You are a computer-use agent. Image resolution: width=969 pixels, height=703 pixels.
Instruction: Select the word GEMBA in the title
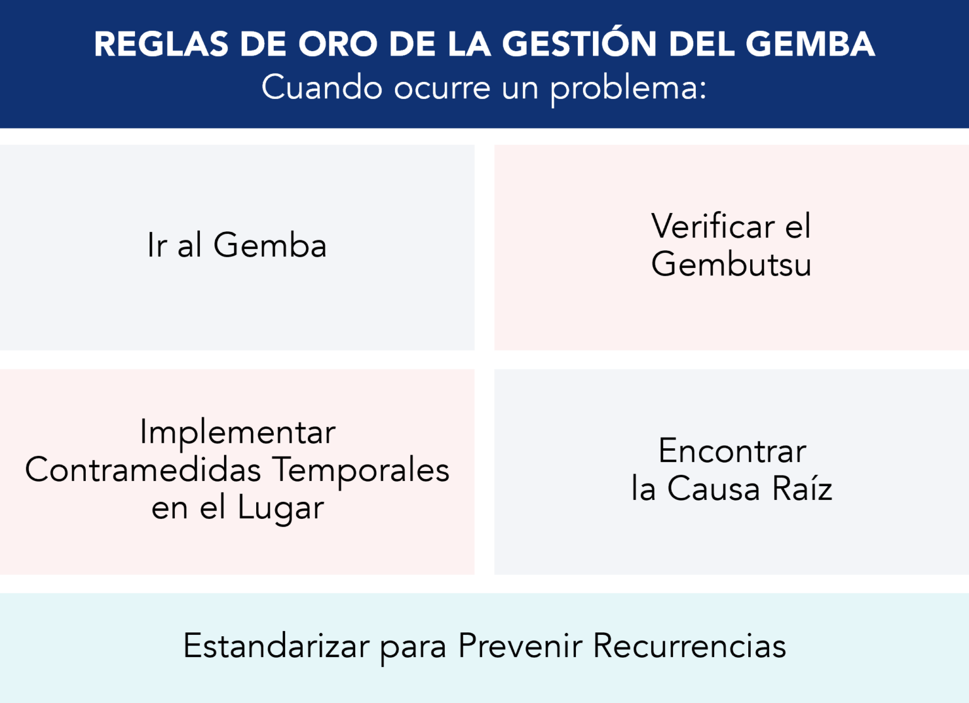tap(810, 44)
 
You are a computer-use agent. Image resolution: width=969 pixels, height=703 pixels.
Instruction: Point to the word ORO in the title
tap(338, 44)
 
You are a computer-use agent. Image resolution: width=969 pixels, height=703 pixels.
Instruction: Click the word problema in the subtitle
tap(628, 88)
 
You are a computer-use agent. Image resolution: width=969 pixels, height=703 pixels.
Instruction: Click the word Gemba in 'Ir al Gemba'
tap(270, 245)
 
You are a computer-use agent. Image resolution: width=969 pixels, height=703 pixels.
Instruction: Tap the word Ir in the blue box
tap(157, 245)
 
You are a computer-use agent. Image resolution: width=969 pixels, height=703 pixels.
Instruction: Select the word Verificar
tap(713, 226)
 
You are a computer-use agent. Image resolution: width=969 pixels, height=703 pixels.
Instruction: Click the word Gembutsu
tap(731, 264)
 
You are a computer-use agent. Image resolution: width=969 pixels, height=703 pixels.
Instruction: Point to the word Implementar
tap(238, 433)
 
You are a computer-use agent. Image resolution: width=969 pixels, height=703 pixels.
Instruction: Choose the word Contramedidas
tap(143, 470)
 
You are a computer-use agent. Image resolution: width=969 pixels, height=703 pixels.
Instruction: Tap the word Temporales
tap(361, 470)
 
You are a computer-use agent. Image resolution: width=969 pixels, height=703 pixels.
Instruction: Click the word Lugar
tap(281, 509)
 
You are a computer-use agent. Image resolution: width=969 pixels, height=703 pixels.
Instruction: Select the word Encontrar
tap(732, 451)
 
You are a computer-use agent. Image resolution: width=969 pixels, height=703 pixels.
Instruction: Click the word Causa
tap(714, 489)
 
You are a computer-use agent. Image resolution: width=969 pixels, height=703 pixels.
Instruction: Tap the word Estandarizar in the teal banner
tap(276, 646)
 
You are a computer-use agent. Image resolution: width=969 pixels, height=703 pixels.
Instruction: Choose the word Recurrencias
tap(690, 646)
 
